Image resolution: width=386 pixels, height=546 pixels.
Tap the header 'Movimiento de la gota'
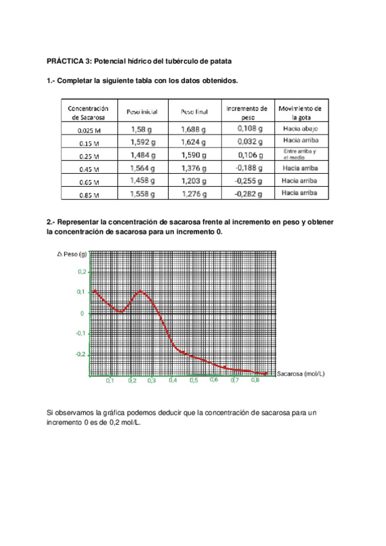click(300, 113)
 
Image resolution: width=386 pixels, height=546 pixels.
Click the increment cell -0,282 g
click(248, 193)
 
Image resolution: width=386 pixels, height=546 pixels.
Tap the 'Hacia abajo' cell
click(300, 129)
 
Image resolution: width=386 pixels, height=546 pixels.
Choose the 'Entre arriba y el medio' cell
click(300, 155)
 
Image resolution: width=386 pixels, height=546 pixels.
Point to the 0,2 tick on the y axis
click(81, 272)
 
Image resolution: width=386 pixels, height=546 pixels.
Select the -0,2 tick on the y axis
click(79, 354)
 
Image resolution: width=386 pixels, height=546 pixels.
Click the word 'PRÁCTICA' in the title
click(68, 60)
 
